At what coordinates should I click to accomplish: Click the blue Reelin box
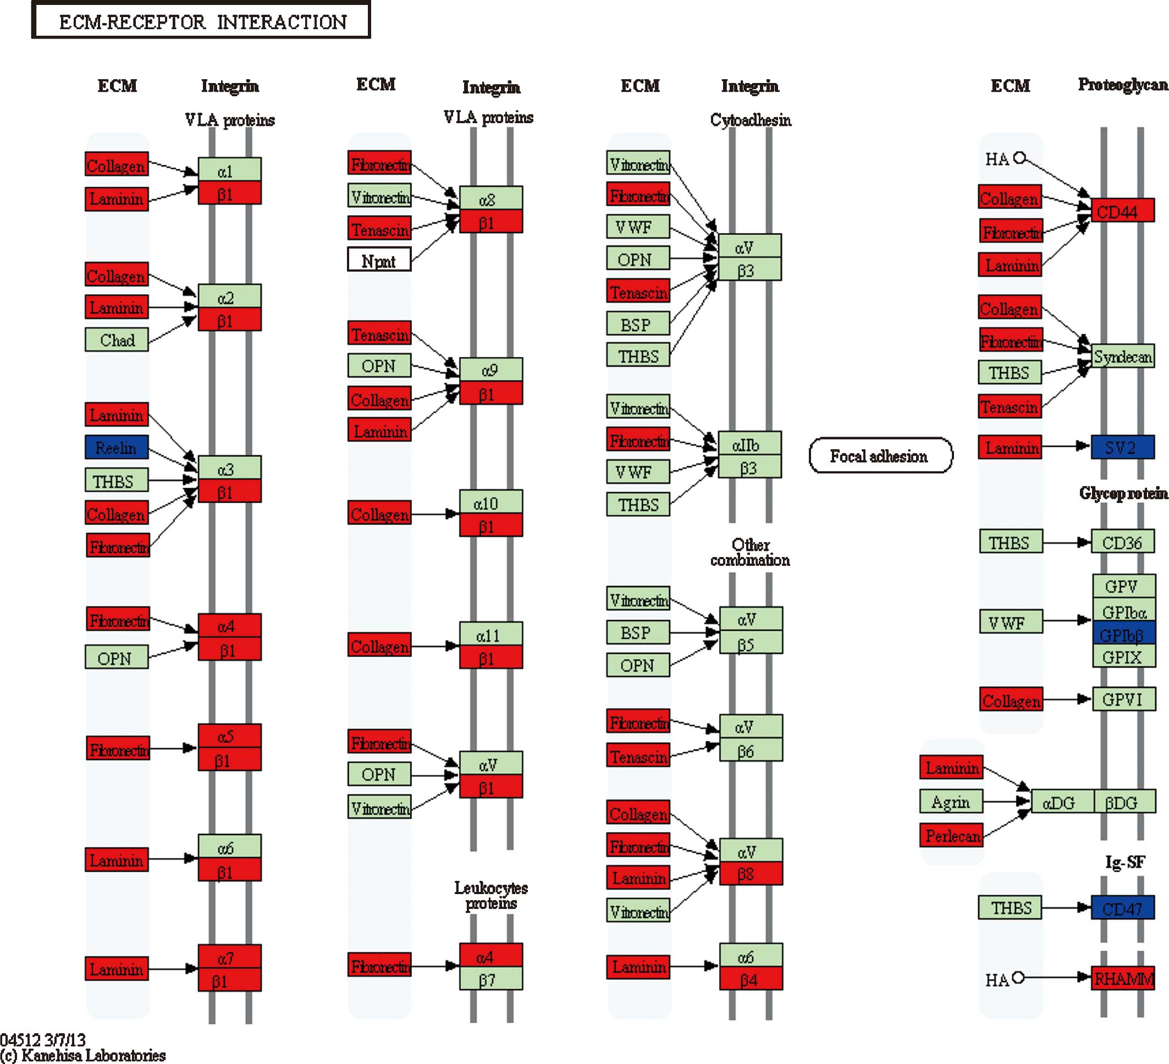pyautogui.click(x=117, y=447)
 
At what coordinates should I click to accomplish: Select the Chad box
pyautogui.click(x=117, y=340)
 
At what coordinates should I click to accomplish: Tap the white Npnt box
pyautogui.click(x=379, y=259)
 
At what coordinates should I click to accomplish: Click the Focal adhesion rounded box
pyautogui.click(x=880, y=456)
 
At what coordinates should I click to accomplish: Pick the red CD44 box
pyautogui.click(x=1122, y=211)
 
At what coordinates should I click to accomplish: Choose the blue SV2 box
pyautogui.click(x=1123, y=447)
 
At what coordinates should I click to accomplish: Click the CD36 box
pyautogui.click(x=1123, y=542)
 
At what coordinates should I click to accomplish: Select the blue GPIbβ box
pyautogui.click(x=1123, y=635)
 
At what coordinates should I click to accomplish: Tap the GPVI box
pyautogui.click(x=1123, y=699)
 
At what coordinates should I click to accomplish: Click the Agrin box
pyautogui.click(x=951, y=802)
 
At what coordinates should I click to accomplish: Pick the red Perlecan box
pyautogui.click(x=951, y=835)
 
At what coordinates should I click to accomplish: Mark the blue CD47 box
pyautogui.click(x=1123, y=908)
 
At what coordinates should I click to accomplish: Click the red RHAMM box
pyautogui.click(x=1123, y=979)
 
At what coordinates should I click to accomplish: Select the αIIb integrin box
pyautogui.click(x=749, y=444)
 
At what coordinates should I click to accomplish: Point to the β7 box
pyautogui.click(x=490, y=979)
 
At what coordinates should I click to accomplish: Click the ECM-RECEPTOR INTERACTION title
pyautogui.click(x=201, y=21)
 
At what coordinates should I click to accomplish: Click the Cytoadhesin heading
pyautogui.click(x=751, y=120)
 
